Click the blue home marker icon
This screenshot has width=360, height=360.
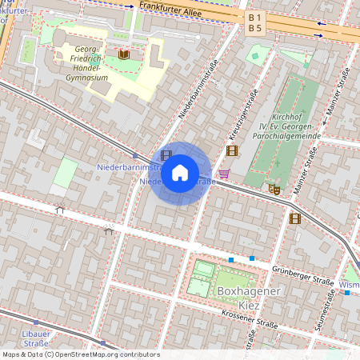180,173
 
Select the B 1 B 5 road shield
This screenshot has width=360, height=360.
255,22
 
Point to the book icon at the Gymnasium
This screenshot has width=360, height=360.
123,54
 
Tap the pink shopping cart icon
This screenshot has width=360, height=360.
224,173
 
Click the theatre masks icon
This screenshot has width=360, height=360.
274,190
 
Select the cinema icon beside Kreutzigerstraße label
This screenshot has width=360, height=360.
232,150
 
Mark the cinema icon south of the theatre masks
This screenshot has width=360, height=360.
295,218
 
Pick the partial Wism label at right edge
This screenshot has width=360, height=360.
350,285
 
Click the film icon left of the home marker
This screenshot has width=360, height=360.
166,155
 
